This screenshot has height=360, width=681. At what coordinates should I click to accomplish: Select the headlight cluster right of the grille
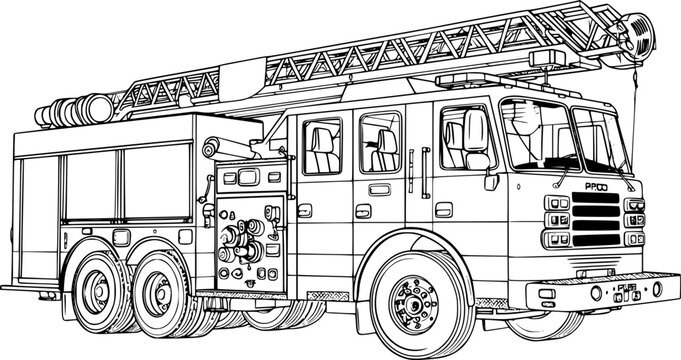633,220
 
